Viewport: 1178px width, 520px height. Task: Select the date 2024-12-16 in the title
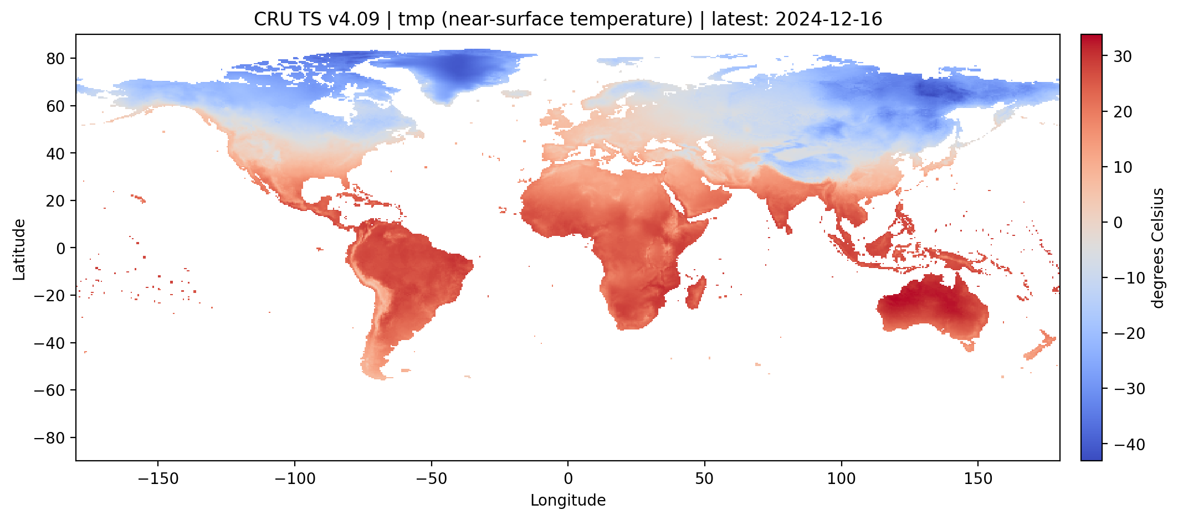coord(828,19)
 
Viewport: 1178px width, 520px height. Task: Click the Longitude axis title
coord(568,501)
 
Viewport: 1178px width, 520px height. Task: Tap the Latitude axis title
coord(19,249)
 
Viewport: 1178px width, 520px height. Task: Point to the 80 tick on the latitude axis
coord(56,58)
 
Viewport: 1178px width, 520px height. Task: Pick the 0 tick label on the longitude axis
coord(568,478)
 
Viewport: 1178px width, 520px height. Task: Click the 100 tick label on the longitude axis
coord(841,478)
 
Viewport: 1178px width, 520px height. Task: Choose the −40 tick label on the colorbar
coord(1125,445)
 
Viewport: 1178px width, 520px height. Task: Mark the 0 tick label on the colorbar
coord(1118,223)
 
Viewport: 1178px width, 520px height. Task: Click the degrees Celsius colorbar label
coord(1159,248)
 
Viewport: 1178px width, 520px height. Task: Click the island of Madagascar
coord(696,294)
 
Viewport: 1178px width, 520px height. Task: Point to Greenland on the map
coord(460,72)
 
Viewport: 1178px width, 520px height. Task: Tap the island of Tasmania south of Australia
coord(969,347)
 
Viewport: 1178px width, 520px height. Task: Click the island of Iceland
coord(516,94)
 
